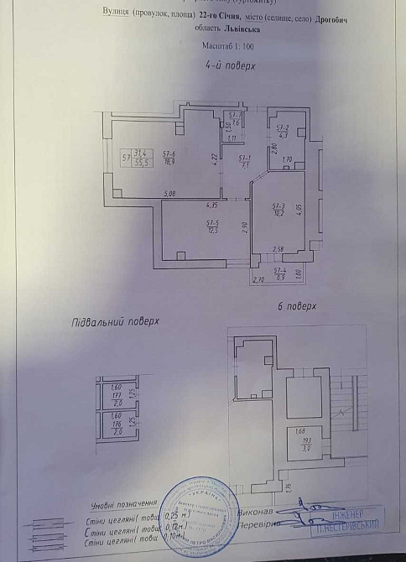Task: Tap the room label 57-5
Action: coord(212,222)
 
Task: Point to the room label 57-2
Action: coord(283,127)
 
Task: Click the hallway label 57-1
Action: coord(244,158)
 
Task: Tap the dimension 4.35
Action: coord(211,205)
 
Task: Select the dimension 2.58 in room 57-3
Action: coord(278,248)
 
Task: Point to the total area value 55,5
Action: coord(141,162)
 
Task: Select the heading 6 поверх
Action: coord(297,308)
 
